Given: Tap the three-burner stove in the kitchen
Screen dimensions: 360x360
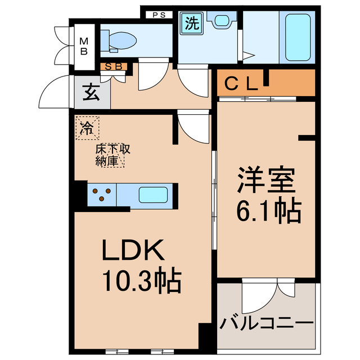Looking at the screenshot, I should (x=101, y=195).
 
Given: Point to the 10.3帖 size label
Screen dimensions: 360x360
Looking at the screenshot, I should (x=141, y=281).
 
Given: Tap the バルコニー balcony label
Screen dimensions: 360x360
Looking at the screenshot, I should (x=267, y=324).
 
